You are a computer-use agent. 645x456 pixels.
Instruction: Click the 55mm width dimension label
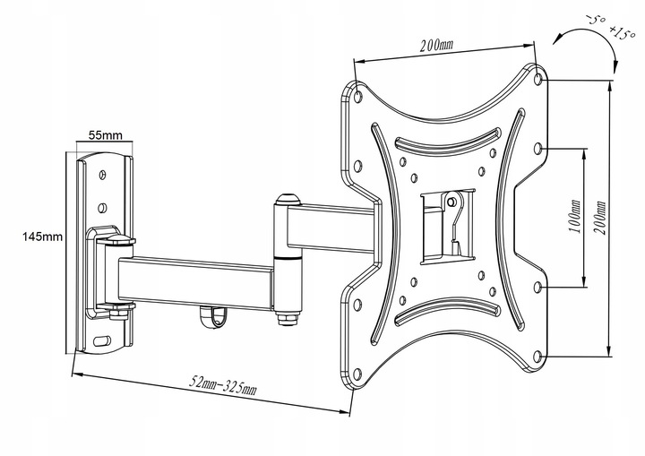pos(105,135)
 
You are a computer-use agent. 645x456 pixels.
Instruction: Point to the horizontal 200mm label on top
pos(435,47)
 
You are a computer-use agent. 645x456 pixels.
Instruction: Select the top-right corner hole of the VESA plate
pos(537,79)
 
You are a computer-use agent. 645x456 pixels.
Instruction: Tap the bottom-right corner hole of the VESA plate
pos(537,355)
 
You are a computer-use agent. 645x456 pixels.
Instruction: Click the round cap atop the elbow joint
pos(287,200)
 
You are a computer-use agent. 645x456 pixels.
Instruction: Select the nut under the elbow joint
pos(287,316)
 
